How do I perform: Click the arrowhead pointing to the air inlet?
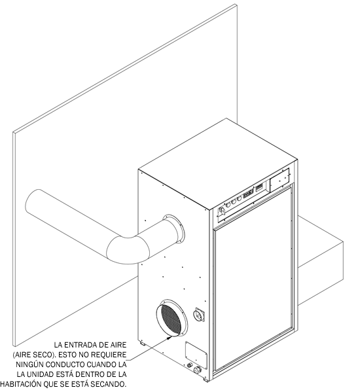click(x=170, y=338)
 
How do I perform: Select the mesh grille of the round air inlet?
click(x=171, y=317)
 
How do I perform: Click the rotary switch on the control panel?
click(x=222, y=211)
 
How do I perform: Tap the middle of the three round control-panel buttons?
click(x=234, y=202)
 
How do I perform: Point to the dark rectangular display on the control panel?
click(x=249, y=193)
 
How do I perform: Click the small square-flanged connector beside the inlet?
click(x=199, y=315)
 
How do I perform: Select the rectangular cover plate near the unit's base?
click(x=196, y=355)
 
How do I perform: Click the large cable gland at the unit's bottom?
click(x=197, y=369)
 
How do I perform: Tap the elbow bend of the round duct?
click(x=128, y=248)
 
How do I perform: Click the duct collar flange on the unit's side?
click(x=173, y=229)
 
